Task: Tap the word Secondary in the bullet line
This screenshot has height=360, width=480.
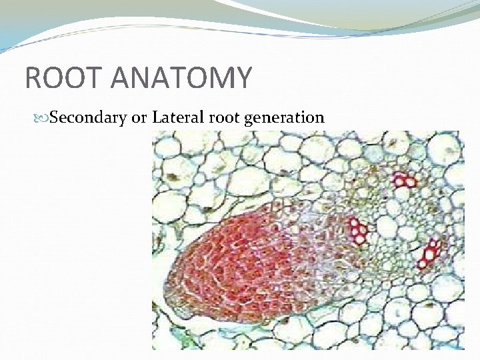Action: coord(89,119)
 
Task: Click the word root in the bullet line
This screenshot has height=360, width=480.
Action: coord(221,119)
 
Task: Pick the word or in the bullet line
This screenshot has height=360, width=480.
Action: coord(139,119)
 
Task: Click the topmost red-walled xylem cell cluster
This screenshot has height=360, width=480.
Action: coord(403,179)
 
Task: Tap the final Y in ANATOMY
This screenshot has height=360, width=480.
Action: coord(243,77)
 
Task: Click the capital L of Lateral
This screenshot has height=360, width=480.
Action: coord(157,118)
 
